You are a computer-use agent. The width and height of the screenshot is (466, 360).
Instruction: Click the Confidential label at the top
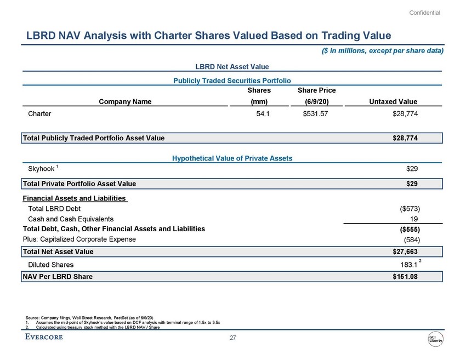click(x=425, y=13)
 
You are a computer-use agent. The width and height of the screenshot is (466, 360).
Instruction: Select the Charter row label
click(x=39, y=114)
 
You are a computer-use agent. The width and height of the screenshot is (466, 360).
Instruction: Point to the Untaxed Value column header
click(x=394, y=101)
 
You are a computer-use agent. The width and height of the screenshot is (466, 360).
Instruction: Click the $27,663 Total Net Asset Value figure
click(x=405, y=252)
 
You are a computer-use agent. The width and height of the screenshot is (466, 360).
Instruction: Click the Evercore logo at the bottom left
click(x=44, y=337)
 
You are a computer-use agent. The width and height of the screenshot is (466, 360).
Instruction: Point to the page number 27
click(x=232, y=338)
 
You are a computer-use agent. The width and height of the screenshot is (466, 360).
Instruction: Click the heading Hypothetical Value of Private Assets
click(x=232, y=158)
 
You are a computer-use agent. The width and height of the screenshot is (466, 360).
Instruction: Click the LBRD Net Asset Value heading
click(x=232, y=66)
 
